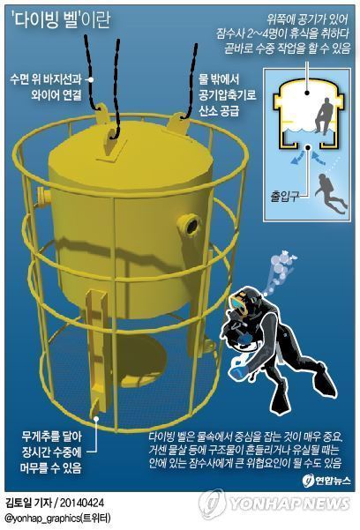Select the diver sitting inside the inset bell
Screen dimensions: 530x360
tap(325, 116)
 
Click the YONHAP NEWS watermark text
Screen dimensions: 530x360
tap(291, 503)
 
